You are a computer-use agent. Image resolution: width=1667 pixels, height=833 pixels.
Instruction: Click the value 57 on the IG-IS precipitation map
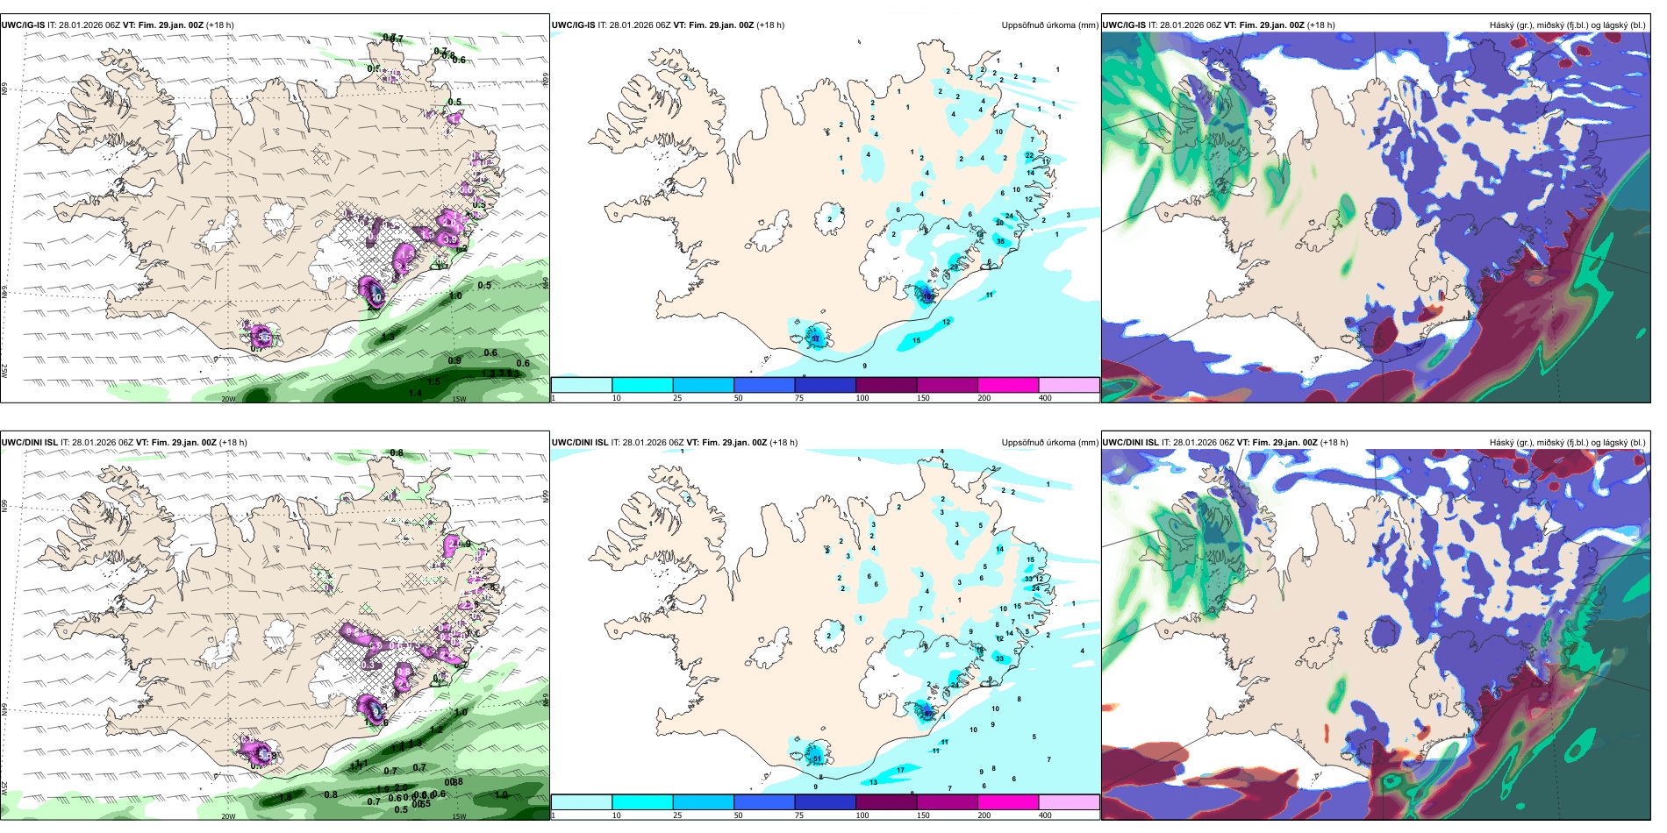pyautogui.click(x=815, y=338)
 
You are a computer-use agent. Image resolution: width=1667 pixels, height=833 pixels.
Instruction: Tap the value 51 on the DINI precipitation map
pyautogui.click(x=817, y=758)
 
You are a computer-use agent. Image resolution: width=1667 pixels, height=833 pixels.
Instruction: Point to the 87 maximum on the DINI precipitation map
pyautogui.click(x=927, y=714)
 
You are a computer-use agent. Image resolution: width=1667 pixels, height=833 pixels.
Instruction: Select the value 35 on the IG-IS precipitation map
pyautogui.click(x=1001, y=241)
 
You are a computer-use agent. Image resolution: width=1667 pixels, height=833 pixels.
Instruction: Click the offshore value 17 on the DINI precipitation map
pyautogui.click(x=900, y=771)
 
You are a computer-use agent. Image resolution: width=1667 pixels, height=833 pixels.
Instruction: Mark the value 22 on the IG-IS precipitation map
pyautogui.click(x=1029, y=155)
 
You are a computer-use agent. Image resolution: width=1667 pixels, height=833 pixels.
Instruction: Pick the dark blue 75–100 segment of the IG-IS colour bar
pyautogui.click(x=825, y=385)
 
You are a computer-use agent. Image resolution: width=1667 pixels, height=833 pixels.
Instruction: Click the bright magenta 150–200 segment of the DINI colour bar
pyautogui.click(x=1008, y=802)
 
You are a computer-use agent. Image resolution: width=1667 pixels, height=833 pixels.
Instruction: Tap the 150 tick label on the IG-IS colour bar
pyautogui.click(x=923, y=398)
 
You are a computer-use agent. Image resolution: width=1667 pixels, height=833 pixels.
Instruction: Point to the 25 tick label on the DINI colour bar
pyautogui.click(x=677, y=815)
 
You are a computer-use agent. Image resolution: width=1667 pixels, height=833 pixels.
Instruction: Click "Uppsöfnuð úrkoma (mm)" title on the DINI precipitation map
pyautogui.click(x=1049, y=443)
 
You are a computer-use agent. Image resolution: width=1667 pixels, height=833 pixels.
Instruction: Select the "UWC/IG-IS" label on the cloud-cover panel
pyautogui.click(x=1123, y=25)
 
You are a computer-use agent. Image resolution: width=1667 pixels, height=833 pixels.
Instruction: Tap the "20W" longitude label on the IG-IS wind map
pyautogui.click(x=228, y=399)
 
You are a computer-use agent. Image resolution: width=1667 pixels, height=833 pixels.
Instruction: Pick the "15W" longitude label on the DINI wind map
pyautogui.click(x=458, y=816)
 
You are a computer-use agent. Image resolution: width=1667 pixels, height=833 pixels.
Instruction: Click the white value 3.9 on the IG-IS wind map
pyautogui.click(x=450, y=239)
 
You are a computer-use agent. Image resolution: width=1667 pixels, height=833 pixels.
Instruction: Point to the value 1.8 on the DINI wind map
pyautogui.click(x=285, y=797)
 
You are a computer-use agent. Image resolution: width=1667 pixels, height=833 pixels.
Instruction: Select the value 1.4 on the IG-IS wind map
pyautogui.click(x=415, y=393)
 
